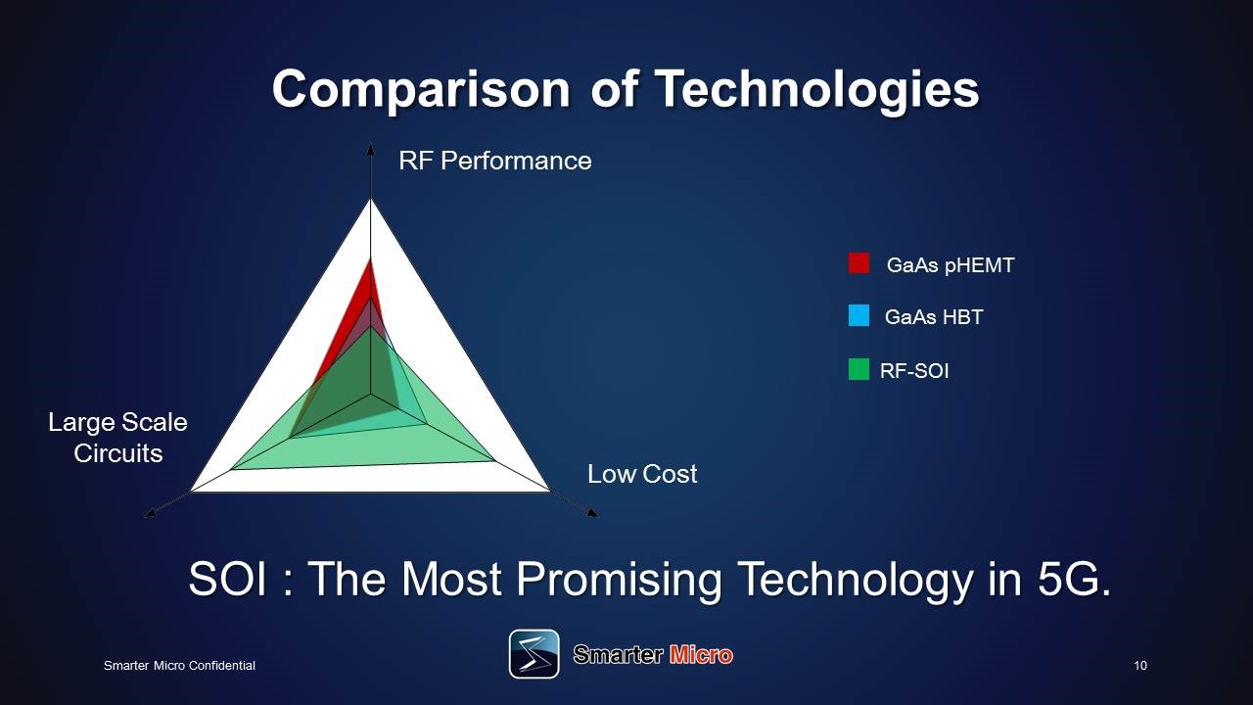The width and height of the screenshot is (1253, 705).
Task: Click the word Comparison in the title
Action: pos(421,90)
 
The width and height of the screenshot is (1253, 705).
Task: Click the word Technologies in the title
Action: pos(816,89)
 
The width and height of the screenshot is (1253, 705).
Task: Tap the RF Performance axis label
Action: pos(495,162)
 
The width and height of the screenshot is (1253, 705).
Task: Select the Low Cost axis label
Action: pos(642,474)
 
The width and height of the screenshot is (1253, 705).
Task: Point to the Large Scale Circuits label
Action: pos(118,438)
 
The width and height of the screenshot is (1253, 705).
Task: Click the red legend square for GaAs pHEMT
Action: pos(859,263)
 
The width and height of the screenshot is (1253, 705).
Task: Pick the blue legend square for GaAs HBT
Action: pos(859,315)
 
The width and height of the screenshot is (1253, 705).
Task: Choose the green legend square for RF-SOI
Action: pos(859,369)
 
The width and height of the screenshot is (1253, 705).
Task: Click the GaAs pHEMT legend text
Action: pos(951,265)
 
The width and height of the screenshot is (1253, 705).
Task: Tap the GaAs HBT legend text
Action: pos(934,317)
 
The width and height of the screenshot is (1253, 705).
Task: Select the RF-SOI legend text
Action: pos(914,371)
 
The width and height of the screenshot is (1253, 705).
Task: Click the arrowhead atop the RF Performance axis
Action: pos(370,147)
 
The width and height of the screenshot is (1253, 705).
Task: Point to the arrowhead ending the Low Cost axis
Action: pos(593,512)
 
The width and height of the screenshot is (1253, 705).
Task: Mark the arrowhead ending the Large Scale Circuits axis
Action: pos(150,512)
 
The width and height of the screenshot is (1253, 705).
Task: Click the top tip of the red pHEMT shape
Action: pos(370,260)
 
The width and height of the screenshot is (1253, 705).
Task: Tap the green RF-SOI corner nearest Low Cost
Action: pos(493,461)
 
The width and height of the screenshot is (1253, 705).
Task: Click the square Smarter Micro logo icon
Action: pos(534,654)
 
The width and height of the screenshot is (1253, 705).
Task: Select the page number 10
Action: pos(1140,665)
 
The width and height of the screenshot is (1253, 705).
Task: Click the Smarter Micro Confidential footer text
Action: pos(179,665)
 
